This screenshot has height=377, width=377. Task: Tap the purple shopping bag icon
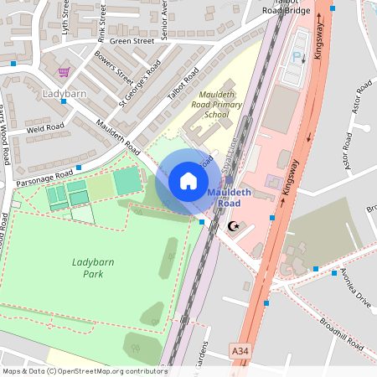click(x=64, y=72)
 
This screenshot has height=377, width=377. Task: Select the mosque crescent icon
click(x=233, y=226)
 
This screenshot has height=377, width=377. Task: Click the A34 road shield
click(x=241, y=356)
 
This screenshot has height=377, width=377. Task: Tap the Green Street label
click(x=132, y=40)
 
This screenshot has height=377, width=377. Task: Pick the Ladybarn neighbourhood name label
click(x=65, y=93)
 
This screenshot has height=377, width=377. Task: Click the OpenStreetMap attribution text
click(x=84, y=370)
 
